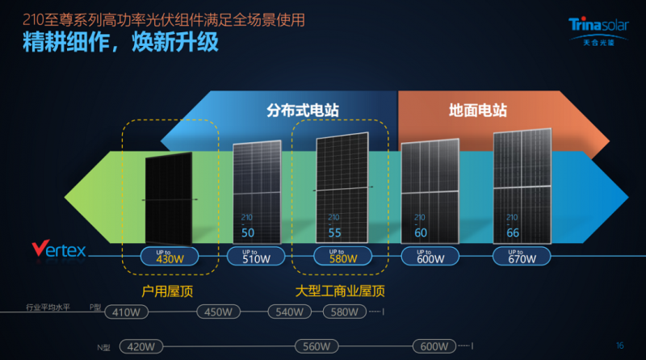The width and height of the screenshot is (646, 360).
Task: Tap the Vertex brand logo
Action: [x=58, y=249]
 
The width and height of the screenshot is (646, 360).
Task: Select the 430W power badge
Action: [x=170, y=256]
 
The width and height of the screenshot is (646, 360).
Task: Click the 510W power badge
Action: [x=255, y=256]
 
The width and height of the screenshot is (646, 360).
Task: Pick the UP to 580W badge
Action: [x=342, y=256]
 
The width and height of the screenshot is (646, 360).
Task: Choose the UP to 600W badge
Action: [x=430, y=256]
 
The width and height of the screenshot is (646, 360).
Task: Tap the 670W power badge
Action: [x=522, y=256]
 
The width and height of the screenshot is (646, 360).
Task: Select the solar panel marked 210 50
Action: [x=257, y=192]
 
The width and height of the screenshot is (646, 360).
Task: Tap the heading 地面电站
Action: [x=478, y=110]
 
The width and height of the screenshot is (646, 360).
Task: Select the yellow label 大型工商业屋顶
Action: [x=340, y=290]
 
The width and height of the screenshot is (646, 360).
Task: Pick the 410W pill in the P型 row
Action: [x=127, y=312]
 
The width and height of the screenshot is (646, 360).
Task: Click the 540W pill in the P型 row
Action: [x=289, y=312]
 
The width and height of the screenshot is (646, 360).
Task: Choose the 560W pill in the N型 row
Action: [x=315, y=346]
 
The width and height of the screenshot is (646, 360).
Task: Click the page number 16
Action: [x=619, y=345]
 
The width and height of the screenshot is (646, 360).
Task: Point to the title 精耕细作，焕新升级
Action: [x=120, y=42]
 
